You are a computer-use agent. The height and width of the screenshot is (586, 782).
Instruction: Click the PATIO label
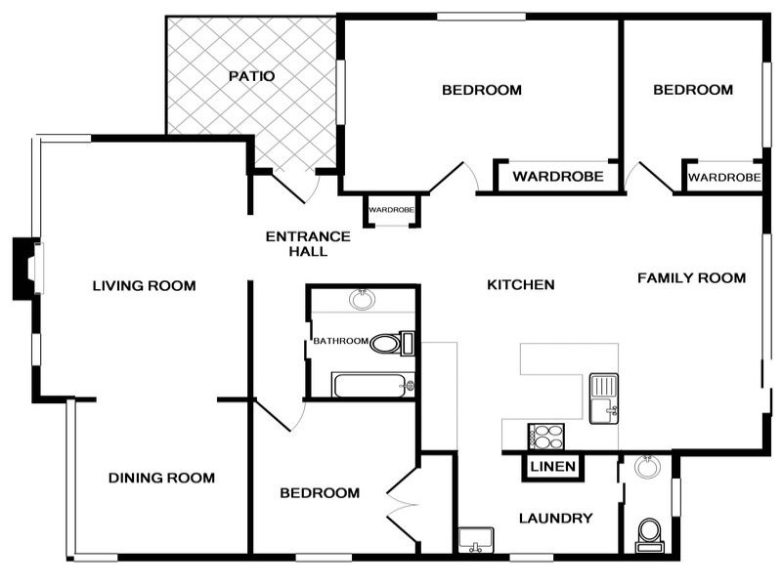pyautogui.click(x=251, y=76)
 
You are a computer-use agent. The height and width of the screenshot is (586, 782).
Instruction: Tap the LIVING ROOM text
pyautogui.click(x=144, y=286)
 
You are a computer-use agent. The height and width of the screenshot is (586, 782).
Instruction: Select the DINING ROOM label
pyautogui.click(x=161, y=478)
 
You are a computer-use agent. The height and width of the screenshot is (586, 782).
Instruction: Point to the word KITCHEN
pyautogui.click(x=521, y=285)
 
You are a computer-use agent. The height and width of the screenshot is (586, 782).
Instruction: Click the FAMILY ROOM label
pyautogui.click(x=691, y=278)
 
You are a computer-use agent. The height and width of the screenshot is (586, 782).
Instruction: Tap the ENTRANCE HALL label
pyautogui.click(x=308, y=243)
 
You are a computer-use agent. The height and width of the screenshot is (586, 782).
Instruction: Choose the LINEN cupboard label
pyautogui.click(x=552, y=467)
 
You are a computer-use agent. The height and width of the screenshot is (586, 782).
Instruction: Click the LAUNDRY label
pyautogui.click(x=555, y=518)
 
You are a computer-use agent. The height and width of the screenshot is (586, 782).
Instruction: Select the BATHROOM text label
pyautogui.click(x=340, y=341)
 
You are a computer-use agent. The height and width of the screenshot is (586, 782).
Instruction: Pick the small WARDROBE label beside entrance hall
pyautogui.click(x=391, y=209)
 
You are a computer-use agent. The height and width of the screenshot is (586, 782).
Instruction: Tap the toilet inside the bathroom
pyautogui.click(x=391, y=343)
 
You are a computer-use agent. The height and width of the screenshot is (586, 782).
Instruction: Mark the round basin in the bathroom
pyautogui.click(x=363, y=298)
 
